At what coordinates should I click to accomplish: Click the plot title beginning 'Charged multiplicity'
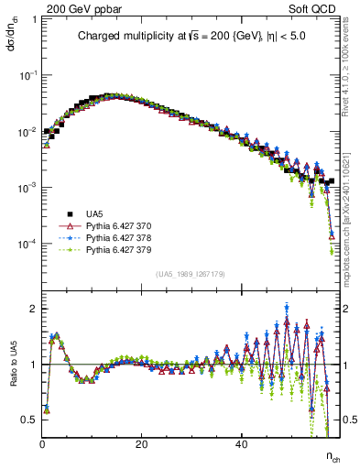191,38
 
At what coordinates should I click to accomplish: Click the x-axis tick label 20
141,443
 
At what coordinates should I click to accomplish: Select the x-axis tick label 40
240,443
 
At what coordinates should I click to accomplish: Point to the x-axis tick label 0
42,443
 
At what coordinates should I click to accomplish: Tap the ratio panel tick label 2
35,309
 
